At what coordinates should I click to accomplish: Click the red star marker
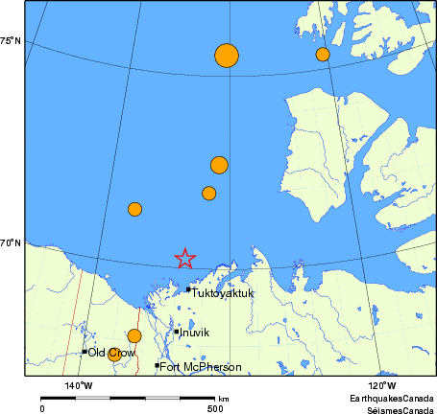click(x=185, y=258)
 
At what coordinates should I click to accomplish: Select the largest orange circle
click(x=226, y=56)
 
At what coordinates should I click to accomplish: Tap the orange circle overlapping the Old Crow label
click(x=114, y=354)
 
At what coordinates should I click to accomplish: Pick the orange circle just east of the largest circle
click(x=323, y=55)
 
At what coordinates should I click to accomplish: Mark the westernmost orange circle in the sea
click(x=134, y=209)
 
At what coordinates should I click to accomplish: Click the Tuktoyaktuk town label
click(x=223, y=293)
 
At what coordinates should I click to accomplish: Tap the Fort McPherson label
click(x=194, y=366)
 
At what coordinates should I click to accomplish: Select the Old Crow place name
click(x=109, y=353)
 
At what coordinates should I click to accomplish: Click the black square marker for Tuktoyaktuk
click(x=188, y=288)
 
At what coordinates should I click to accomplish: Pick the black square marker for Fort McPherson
click(x=157, y=365)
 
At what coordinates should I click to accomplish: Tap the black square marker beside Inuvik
click(x=177, y=332)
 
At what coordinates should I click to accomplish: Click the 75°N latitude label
click(x=11, y=41)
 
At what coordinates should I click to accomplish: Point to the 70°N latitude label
click(x=11, y=243)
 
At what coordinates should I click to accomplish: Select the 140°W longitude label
click(x=79, y=385)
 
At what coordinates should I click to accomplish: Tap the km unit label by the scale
click(x=224, y=399)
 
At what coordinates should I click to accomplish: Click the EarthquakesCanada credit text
click(x=392, y=397)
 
